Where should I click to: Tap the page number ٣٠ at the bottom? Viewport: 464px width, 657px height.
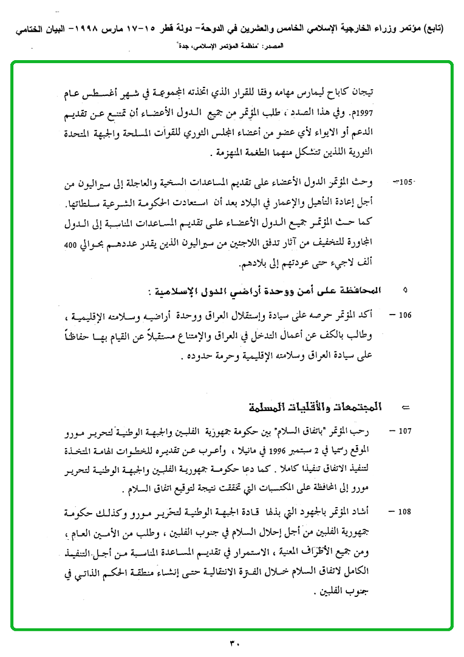[x=235, y=642]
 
